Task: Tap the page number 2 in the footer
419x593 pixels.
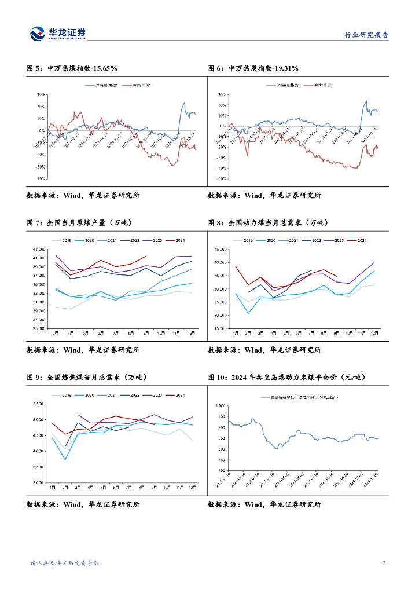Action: (x=384, y=563)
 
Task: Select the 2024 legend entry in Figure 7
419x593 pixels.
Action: (x=177, y=240)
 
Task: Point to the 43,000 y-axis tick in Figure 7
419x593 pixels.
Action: (x=39, y=249)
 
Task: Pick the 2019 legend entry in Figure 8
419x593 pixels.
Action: (x=245, y=240)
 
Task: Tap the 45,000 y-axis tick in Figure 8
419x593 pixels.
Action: (x=220, y=250)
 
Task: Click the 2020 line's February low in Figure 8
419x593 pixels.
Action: (x=249, y=313)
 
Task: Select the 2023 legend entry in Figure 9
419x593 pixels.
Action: (x=154, y=395)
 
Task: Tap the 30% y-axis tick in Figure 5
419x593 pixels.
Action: (x=41, y=94)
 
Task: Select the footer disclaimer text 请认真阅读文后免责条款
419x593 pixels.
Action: (x=64, y=563)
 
